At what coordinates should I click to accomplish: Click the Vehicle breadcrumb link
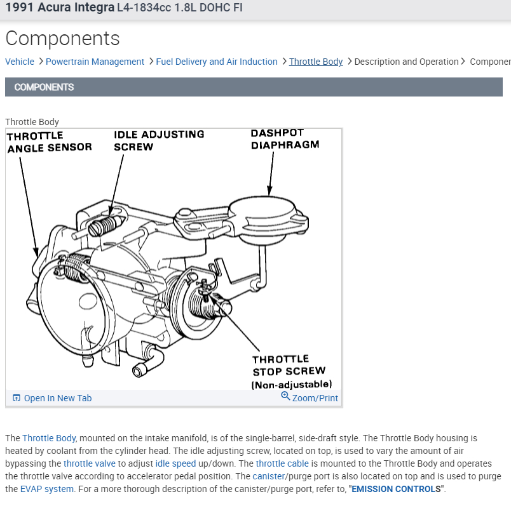click(20, 62)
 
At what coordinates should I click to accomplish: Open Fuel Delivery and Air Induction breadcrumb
click(216, 62)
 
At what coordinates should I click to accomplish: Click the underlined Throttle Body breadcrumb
click(316, 62)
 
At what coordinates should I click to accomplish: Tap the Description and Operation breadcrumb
click(406, 62)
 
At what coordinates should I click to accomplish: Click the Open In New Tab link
click(57, 398)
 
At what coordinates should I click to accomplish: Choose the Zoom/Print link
click(315, 398)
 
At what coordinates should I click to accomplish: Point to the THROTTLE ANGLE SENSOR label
click(49, 142)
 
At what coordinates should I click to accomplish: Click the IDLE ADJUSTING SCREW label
click(159, 140)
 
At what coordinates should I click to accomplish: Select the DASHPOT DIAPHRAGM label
click(284, 139)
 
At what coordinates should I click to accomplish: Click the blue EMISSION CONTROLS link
click(394, 489)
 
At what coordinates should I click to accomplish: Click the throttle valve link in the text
click(90, 463)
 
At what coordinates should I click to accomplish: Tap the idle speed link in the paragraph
click(175, 463)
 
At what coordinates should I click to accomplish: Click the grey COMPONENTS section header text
click(44, 87)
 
